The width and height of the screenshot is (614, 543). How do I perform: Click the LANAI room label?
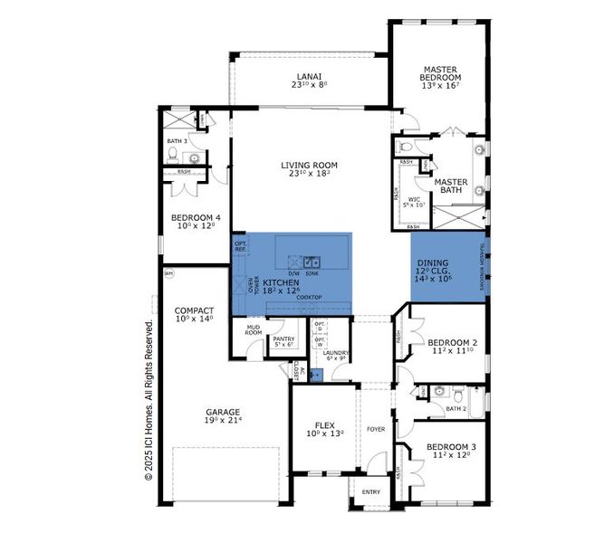click(x=309, y=77)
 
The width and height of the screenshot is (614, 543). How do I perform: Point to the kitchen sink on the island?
click(x=311, y=263)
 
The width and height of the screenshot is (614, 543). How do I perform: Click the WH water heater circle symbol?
click(x=168, y=273)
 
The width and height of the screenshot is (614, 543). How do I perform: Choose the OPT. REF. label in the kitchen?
click(x=240, y=245)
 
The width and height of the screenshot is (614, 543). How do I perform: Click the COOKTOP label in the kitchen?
click(x=309, y=296)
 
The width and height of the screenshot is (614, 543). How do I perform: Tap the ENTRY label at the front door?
click(x=371, y=491)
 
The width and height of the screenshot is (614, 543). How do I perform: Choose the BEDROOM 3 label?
click(x=449, y=447)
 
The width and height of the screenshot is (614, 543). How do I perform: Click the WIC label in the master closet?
click(x=414, y=199)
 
